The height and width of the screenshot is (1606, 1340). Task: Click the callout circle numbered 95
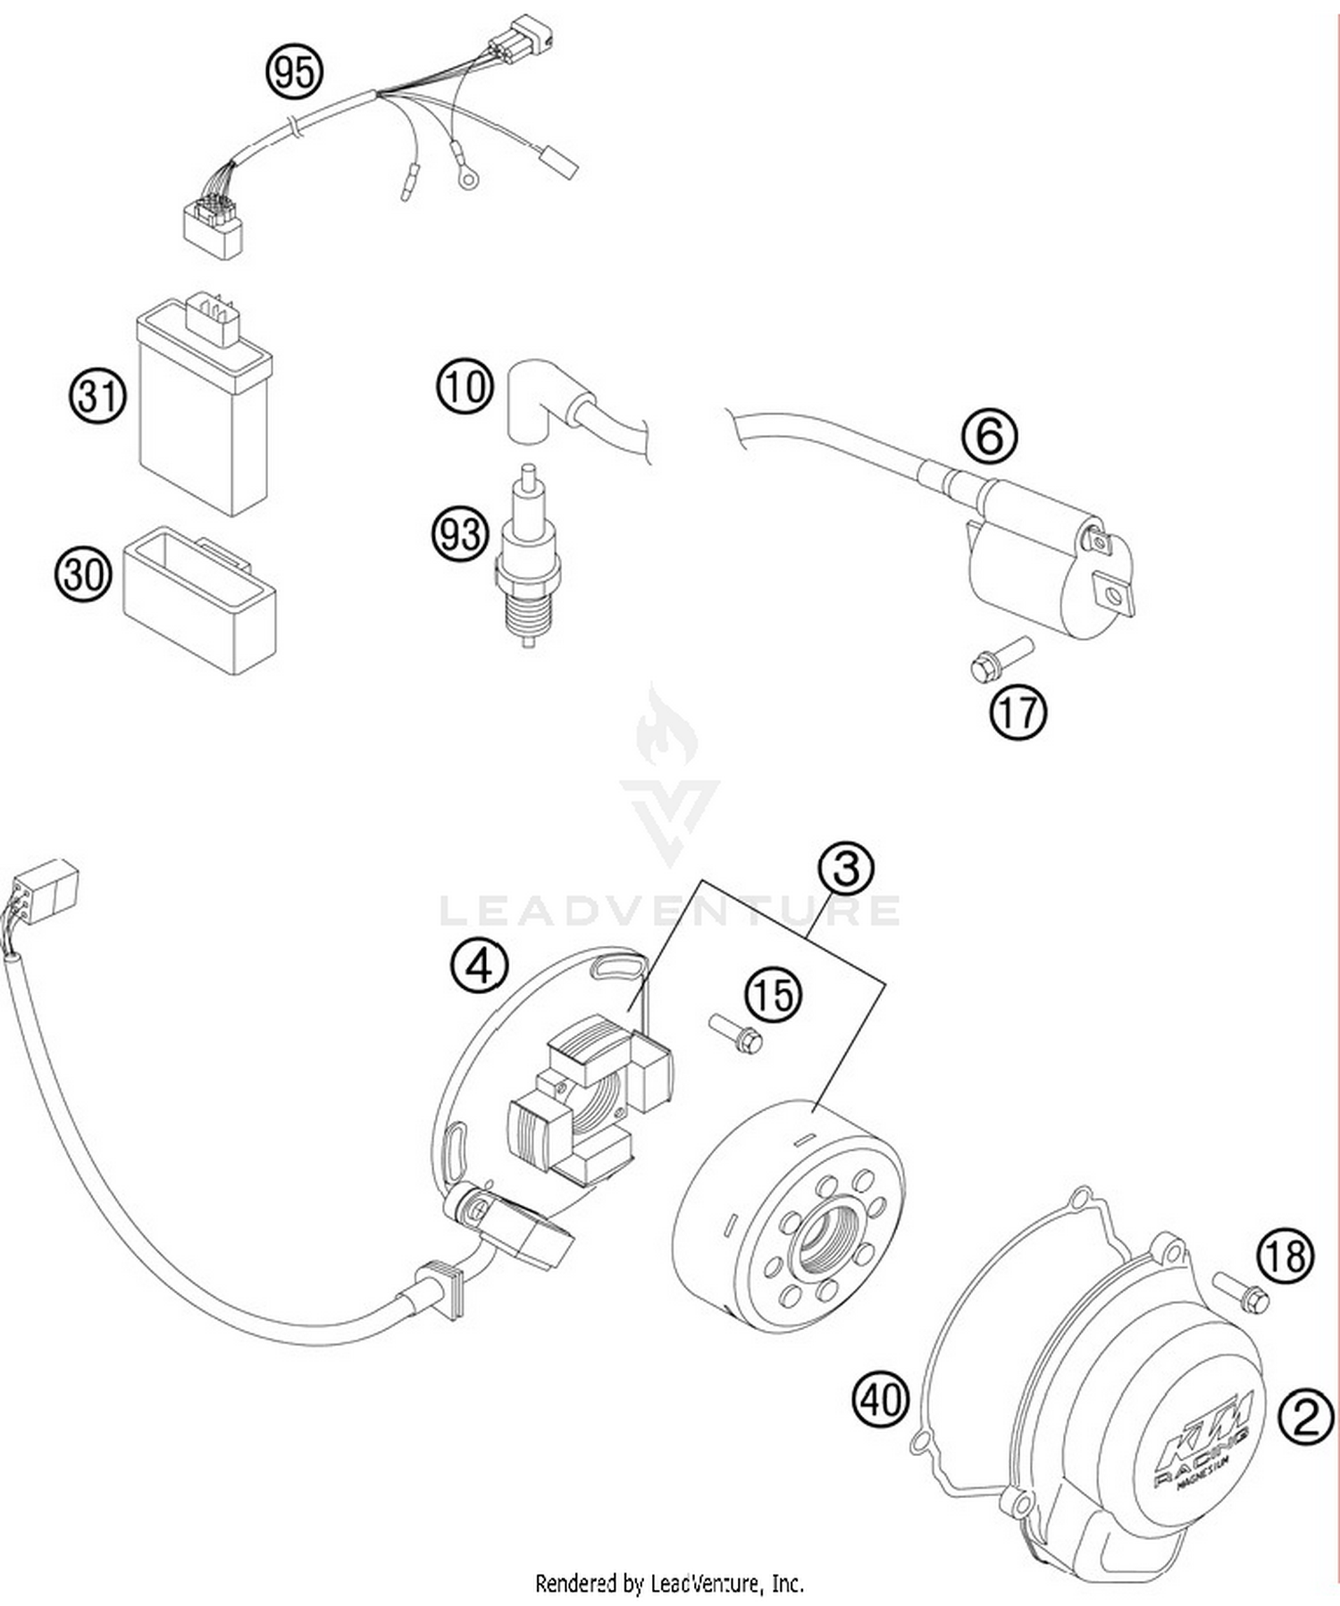294,71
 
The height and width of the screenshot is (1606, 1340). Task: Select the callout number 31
97,396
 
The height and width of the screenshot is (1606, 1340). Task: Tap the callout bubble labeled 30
83,573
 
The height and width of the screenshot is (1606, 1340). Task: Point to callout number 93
461,534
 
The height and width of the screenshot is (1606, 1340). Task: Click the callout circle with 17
1018,712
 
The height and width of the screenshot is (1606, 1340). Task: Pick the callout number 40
880,1398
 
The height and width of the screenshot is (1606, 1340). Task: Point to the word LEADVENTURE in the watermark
670,911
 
